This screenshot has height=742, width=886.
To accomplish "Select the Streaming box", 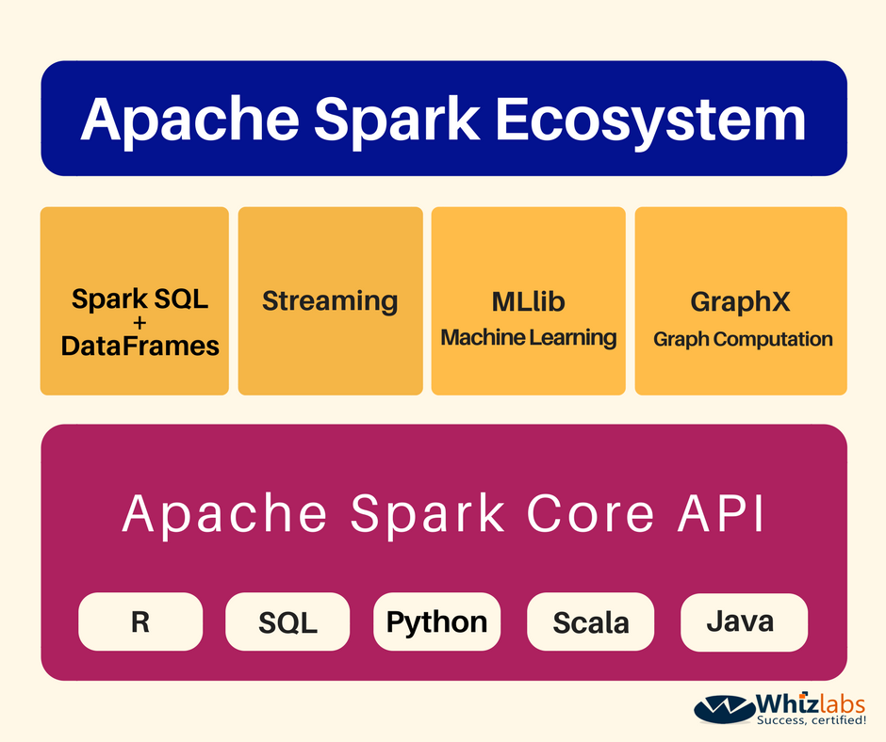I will pos(330,301).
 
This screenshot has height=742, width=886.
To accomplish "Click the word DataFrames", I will pos(139,346).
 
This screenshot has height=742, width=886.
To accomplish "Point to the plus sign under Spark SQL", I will pos(139,324).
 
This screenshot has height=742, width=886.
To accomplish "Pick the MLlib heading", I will pos(528,302).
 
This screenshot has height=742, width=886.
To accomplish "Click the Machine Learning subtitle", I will pos(528,337).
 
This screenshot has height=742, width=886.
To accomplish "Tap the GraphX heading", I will pos(740,302).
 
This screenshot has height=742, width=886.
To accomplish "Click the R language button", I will pos(140,621).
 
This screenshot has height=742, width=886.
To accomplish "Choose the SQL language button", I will pos(287,622).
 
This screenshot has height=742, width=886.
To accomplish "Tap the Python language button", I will pos(436,621).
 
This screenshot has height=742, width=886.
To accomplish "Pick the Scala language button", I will pos(590,622).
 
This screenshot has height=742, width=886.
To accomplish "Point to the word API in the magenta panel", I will pos(716,514).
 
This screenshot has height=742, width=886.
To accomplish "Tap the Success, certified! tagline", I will pos(812,720).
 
